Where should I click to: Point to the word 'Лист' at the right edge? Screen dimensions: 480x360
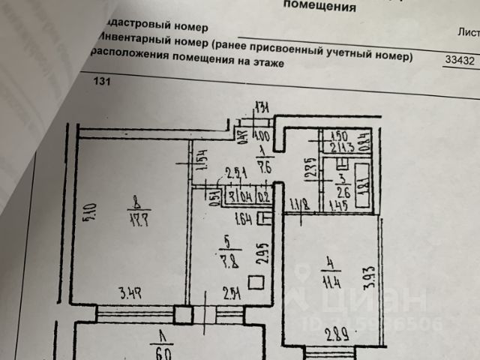click(468, 31)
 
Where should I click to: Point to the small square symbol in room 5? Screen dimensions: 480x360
click(255, 283)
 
